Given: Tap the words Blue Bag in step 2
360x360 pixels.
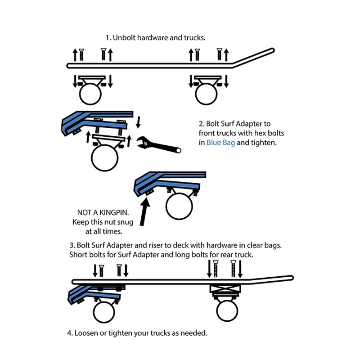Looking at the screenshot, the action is coord(221,144).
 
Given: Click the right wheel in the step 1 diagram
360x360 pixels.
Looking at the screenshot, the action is coord(206,94).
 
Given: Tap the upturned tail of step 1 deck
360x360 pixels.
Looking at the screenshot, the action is coord(256,56).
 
